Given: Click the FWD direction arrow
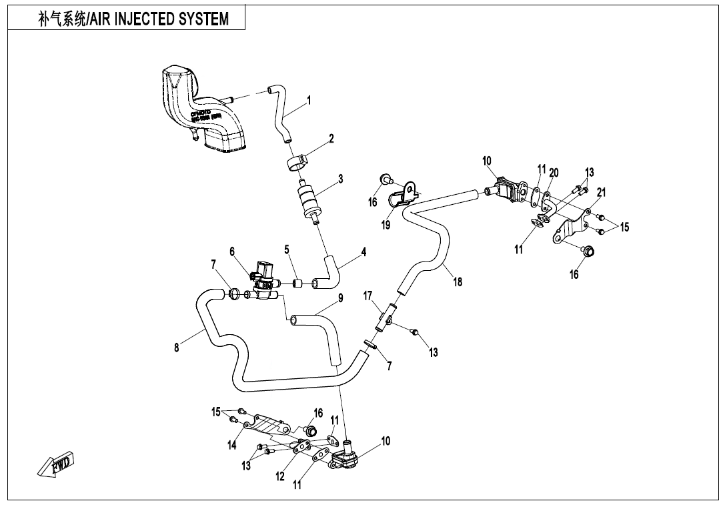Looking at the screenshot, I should coord(56,464).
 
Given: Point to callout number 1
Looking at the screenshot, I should coord(309,101).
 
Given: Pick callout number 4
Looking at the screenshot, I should coord(363,252).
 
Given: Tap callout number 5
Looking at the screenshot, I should coord(287,249).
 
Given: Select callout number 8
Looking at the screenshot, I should coord(177,348).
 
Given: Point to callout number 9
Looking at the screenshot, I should coord(340,298).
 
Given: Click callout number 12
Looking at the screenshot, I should coord(281,476).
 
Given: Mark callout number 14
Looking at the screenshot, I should coord(231,446).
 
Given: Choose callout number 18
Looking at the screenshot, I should coord(458,282).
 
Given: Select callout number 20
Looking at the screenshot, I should coord(554,173).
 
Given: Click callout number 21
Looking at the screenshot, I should coord(601,192).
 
